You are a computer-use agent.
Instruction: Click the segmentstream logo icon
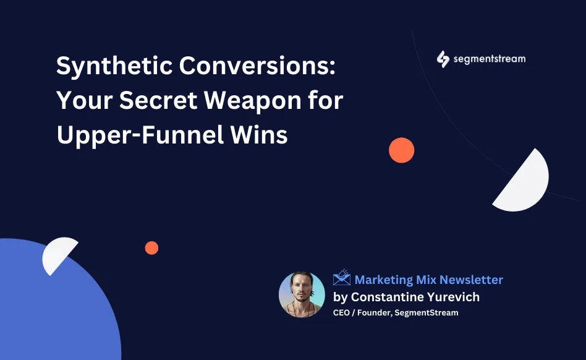(x=443, y=59)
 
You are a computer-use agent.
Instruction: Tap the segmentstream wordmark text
(x=489, y=59)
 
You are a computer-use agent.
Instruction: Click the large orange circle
(x=401, y=150)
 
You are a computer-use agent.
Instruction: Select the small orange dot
(x=151, y=248)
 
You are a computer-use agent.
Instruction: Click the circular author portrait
(x=302, y=294)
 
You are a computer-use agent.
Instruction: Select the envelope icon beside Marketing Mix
(x=342, y=278)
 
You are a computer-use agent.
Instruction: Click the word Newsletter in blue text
(x=471, y=280)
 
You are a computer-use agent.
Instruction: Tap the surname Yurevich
(x=453, y=297)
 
